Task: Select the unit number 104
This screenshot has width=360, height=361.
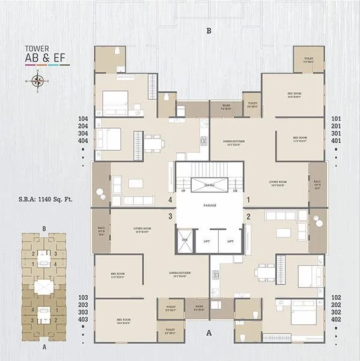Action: click(83, 119)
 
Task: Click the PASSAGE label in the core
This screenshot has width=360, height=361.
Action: click(209, 206)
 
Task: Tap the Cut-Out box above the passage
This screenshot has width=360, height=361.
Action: click(210, 185)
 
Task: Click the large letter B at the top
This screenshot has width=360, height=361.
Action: click(209, 30)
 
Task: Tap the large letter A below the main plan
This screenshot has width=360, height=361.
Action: click(209, 332)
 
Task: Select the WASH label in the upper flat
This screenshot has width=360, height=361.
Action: click(226, 106)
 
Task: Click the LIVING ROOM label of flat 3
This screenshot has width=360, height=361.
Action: click(145, 229)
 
